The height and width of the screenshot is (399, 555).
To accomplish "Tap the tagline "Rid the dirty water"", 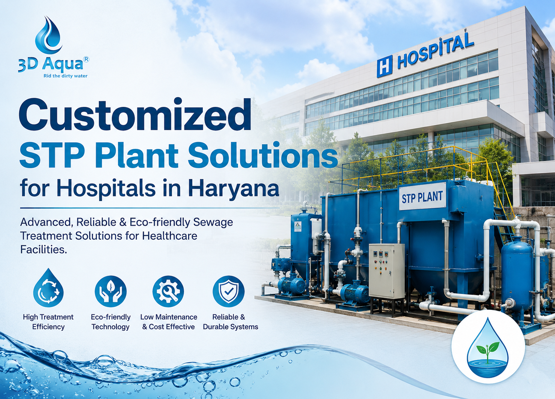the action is click(65, 76).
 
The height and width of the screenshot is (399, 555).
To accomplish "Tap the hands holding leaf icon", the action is click(110, 291).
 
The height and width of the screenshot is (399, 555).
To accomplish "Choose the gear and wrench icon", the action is click(168, 291).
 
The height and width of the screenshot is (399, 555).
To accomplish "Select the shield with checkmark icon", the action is click(228, 291).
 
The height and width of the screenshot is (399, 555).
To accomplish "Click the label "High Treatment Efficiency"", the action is click(48, 322).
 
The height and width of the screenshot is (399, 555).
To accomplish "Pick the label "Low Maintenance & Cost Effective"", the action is click(169, 322).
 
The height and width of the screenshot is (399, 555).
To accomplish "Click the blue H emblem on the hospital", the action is click(384, 66).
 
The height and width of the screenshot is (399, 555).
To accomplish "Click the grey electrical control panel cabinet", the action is click(386, 271).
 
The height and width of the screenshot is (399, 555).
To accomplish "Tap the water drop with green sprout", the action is click(488, 348).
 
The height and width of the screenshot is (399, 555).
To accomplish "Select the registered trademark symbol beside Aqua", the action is click(86, 59).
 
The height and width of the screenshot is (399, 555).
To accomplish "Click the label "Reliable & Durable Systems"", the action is click(231, 322).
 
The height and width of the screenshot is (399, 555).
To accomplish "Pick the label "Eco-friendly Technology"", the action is click(110, 322).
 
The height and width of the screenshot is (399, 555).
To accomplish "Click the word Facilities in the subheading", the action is click(43, 249).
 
